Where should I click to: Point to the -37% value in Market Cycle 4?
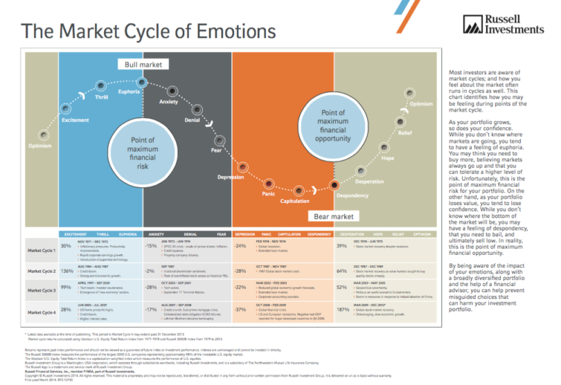[x=240, y=310]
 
